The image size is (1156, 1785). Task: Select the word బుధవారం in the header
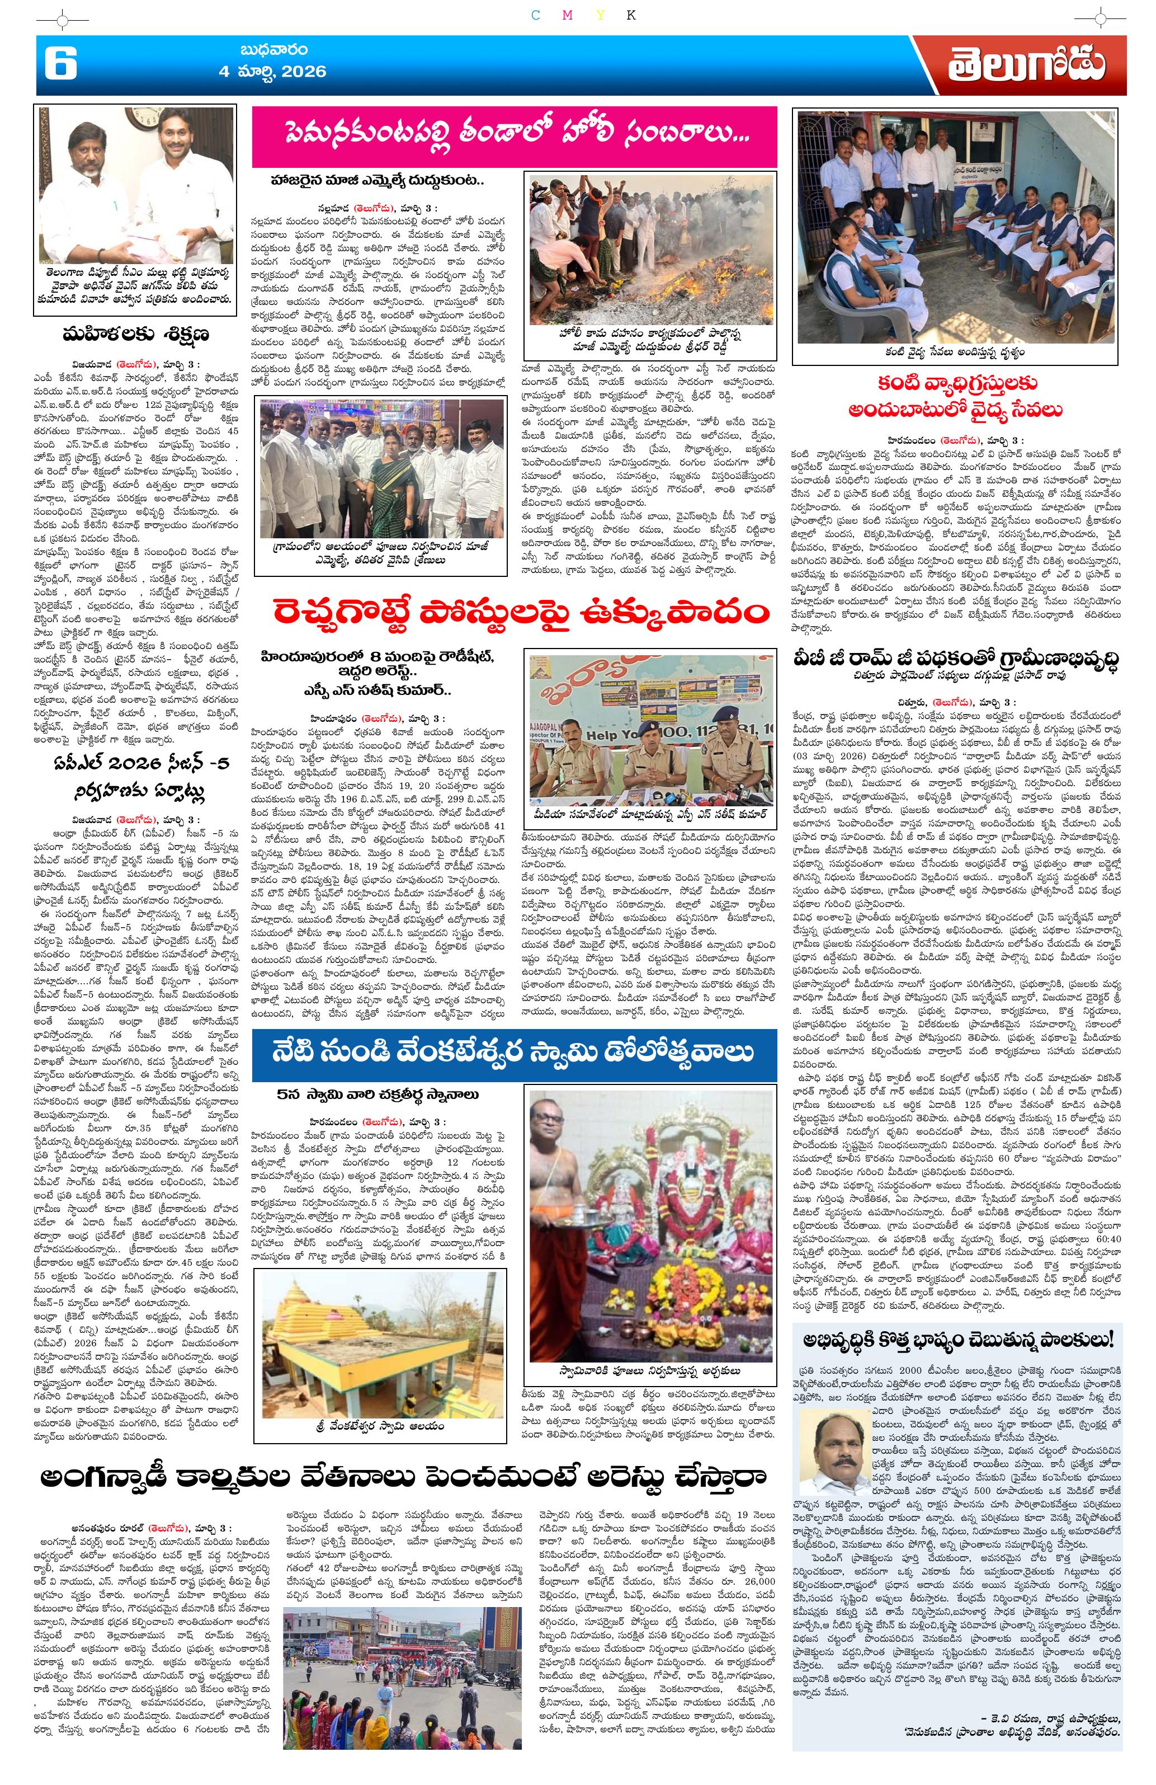273,51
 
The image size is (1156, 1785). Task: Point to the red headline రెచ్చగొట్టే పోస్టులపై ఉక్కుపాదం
515,613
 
